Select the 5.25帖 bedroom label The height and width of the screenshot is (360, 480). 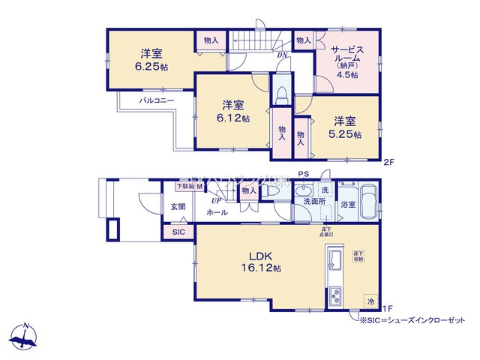347,128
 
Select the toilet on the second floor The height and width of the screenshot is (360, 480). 281,93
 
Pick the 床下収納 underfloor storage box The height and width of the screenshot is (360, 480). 359,256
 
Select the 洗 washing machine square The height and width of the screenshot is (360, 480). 325,190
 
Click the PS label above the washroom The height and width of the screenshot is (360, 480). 302,174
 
